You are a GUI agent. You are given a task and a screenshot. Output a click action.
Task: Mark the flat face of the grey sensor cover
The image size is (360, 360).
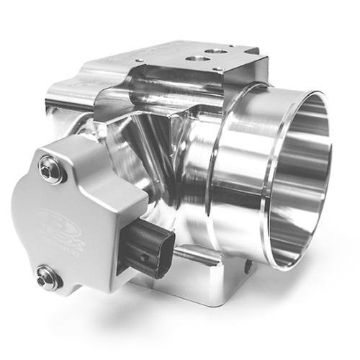(79, 209)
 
